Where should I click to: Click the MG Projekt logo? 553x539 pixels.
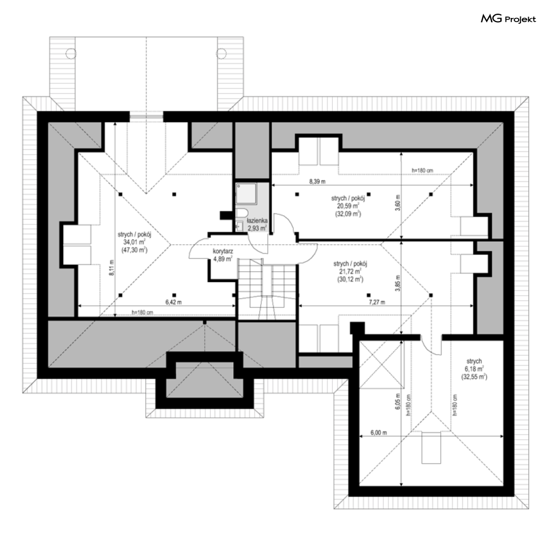click(508, 18)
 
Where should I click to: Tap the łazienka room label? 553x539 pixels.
click(257, 221)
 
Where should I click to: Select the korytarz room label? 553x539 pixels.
click(223, 251)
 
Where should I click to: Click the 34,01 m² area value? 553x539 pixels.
click(134, 242)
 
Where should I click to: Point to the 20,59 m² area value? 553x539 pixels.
click(348, 206)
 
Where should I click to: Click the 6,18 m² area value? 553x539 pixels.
click(474, 369)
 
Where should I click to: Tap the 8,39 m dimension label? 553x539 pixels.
click(318, 181)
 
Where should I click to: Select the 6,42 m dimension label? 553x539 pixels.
click(173, 302)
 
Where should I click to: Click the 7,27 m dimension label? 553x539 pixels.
click(377, 302)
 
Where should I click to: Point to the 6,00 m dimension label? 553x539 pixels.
click(379, 432)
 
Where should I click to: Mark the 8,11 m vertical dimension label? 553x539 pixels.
click(112, 268)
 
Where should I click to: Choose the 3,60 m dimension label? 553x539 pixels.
click(398, 203)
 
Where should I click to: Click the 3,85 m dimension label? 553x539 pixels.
click(398, 283)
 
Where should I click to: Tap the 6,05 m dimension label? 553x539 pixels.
click(398, 401)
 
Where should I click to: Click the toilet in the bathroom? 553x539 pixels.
click(242, 213)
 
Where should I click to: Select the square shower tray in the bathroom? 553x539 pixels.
click(246, 193)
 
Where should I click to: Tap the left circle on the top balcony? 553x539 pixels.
click(71, 53)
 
